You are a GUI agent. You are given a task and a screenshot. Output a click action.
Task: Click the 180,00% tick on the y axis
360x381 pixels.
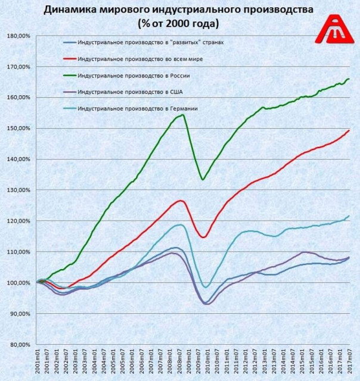pyautogui.click(x=20, y=36)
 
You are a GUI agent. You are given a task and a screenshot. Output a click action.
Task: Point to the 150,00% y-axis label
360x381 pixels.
pyautogui.click(x=20, y=128)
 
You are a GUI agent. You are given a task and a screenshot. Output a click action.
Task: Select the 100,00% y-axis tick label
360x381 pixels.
pyautogui.click(x=20, y=283)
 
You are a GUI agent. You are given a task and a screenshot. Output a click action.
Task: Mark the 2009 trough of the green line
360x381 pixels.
pyautogui.click(x=203, y=179)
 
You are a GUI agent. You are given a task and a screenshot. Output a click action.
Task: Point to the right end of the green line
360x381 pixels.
pyautogui.click(x=349, y=79)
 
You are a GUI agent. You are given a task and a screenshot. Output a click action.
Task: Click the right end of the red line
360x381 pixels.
pyautogui.click(x=349, y=130)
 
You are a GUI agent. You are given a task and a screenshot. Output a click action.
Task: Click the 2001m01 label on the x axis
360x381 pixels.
pyautogui.click(x=38, y=363)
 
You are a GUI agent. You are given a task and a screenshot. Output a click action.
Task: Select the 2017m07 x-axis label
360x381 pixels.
pyautogui.click(x=349, y=363)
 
